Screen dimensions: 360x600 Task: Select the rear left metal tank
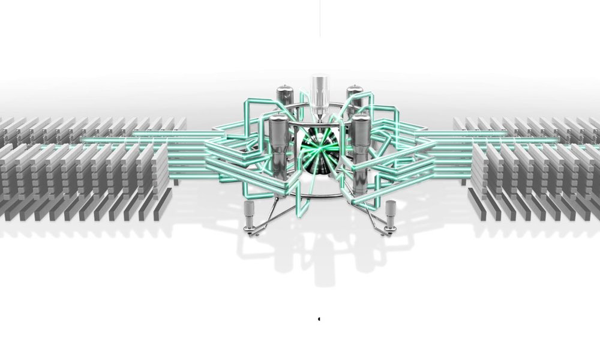285,96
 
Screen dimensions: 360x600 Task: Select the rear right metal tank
355,96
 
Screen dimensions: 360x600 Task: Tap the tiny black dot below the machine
319,319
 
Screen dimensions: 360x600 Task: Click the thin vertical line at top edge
319,18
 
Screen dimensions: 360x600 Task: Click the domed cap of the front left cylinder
277,120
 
